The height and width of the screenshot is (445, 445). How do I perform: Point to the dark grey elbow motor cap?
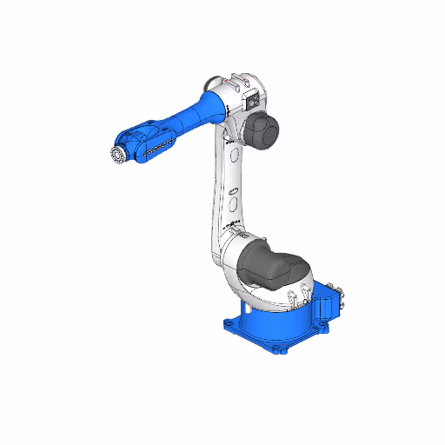tap(262, 131)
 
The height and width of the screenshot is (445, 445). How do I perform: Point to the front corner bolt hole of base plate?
tap(281, 349)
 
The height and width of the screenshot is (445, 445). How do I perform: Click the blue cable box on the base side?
tap(329, 300)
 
